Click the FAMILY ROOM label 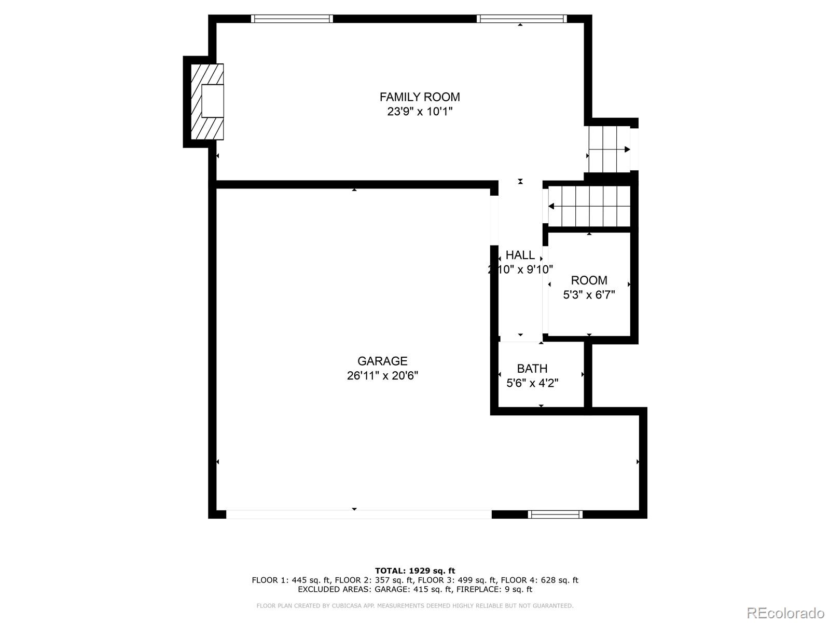[x=420, y=97]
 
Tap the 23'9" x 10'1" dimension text [x=420, y=112]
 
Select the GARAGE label [x=382, y=361]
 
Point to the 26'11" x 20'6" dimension [x=382, y=376]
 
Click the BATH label [x=532, y=369]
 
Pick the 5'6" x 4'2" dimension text [x=532, y=383]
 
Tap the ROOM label [x=589, y=281]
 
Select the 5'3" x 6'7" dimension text [x=589, y=295]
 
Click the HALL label [x=520, y=255]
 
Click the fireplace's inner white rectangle [x=212, y=101]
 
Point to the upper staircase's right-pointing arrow [x=627, y=150]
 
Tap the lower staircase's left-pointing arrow [x=551, y=207]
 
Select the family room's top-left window [x=292, y=19]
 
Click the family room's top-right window [x=521, y=19]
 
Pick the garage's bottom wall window [x=555, y=514]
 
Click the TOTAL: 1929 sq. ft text [x=415, y=571]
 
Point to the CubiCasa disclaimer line [x=415, y=606]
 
